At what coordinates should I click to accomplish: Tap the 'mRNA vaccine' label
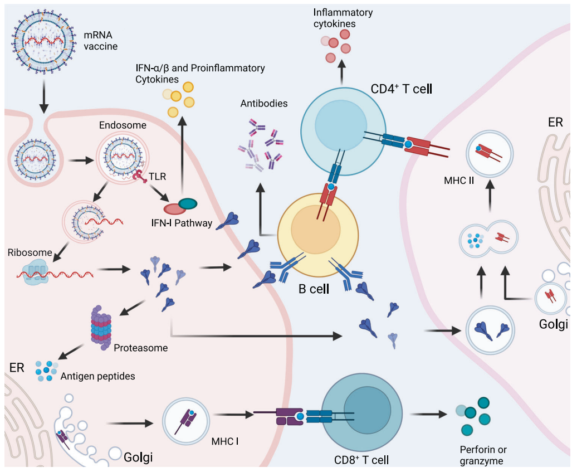pyautogui.click(x=100, y=41)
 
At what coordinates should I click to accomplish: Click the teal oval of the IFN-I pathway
pyautogui.click(x=188, y=205)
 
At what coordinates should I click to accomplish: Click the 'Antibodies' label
pyautogui.click(x=264, y=104)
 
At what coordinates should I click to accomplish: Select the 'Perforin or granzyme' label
pyautogui.click(x=483, y=455)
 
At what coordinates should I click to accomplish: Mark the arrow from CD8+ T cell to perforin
pyautogui.click(x=428, y=414)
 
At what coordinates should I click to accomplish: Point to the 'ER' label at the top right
pyautogui.click(x=555, y=122)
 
